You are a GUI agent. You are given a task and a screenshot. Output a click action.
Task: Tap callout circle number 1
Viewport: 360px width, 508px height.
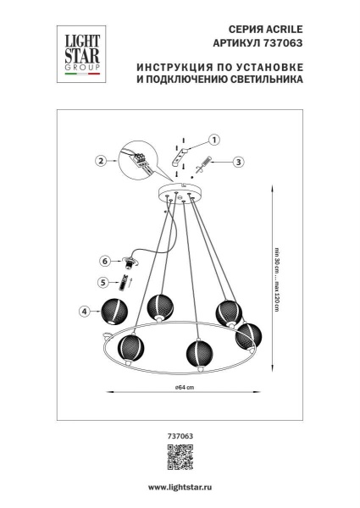coord(213,140)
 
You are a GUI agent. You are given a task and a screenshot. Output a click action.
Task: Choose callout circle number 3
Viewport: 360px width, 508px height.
coord(238,161)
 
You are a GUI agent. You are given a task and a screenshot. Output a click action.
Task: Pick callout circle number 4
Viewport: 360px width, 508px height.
coord(84,312)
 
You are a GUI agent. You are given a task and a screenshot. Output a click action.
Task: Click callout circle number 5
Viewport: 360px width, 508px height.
coord(102,284)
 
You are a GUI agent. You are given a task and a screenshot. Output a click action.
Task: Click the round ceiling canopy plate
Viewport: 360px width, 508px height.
coord(180,191)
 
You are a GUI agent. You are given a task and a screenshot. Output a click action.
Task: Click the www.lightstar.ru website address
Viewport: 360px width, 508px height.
coord(180,489)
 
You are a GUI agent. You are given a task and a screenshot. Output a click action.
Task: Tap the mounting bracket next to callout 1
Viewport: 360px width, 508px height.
coord(181,155)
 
